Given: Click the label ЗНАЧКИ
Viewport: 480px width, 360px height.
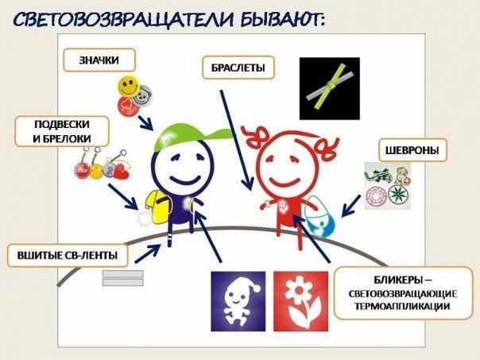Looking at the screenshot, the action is point(99,60).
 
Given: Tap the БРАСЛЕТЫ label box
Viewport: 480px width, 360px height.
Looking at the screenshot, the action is point(238,68).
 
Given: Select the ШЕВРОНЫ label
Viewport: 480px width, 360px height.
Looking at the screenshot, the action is point(412,150).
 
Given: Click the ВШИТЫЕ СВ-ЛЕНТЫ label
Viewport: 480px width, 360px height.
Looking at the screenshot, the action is point(68,255).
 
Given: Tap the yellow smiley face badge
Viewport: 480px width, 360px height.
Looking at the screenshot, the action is point(128,86).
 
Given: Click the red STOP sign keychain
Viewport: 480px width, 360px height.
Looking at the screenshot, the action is point(82,170).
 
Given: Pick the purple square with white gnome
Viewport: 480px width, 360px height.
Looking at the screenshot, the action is point(238,301).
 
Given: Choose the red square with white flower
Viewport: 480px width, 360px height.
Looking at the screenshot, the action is point(301,301).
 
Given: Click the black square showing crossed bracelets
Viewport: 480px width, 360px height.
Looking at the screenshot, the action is point(329,88).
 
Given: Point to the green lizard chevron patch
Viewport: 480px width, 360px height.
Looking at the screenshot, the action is point(376,176).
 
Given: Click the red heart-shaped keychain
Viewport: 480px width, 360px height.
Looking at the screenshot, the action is point(122,172).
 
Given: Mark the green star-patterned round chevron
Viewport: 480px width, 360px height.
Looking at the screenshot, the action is point(399,193).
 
